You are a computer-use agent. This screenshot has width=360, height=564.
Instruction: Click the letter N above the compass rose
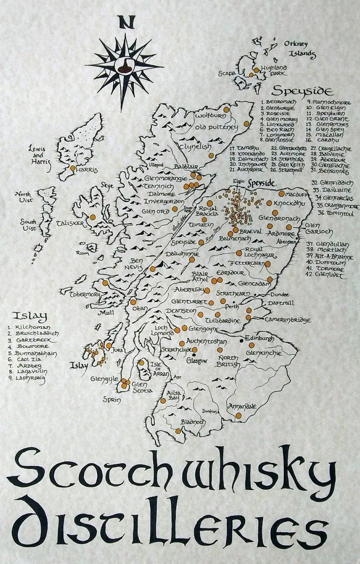(x=126, y=22)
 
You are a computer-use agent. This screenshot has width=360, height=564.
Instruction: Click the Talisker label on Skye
(x=71, y=223)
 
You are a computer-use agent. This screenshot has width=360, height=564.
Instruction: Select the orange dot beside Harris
(x=73, y=168)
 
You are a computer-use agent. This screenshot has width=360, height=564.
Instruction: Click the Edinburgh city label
(x=259, y=338)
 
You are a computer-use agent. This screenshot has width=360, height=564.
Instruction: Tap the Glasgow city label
(x=197, y=361)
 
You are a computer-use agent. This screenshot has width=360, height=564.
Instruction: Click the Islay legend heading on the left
(x=29, y=316)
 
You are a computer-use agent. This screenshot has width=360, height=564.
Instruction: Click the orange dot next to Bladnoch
(x=178, y=431)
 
